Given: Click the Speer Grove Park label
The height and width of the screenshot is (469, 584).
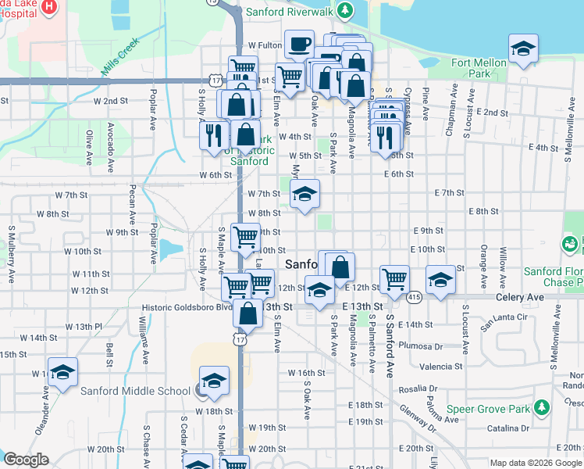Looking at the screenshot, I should click(487, 409).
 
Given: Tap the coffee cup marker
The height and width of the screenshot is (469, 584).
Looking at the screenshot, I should click(299, 45).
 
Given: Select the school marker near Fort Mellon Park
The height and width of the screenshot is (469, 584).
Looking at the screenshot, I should click(522, 50).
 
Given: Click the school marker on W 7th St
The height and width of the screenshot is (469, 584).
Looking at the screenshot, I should click(304, 195).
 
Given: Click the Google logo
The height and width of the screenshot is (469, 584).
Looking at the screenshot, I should click(26, 460).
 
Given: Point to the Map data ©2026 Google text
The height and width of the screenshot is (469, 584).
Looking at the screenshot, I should click(536, 463).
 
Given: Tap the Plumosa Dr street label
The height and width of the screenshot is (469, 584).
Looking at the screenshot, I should click(420, 345).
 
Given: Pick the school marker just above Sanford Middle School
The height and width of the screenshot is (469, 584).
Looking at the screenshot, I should click(213, 381).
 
